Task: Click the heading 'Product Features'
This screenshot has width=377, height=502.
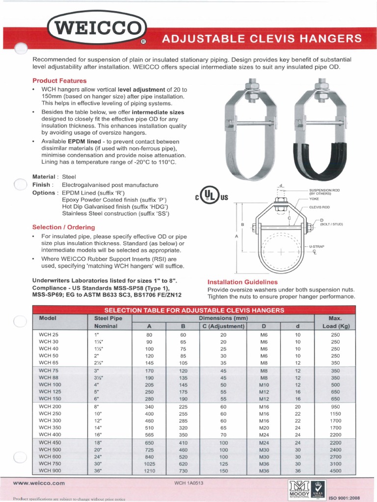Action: tap(59, 80)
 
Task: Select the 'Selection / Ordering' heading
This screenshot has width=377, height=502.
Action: tap(64, 227)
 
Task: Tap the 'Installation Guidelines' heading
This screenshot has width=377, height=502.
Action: tap(242, 282)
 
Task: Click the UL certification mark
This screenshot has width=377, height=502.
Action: tap(212, 197)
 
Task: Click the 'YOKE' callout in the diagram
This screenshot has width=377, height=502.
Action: tap(314, 199)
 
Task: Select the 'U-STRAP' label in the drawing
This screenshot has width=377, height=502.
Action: tap(317, 246)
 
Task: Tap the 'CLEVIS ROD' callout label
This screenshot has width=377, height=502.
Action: tap(319, 207)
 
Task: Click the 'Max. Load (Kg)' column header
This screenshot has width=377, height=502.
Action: tap(335, 322)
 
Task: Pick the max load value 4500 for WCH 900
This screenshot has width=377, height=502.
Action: tap(335, 471)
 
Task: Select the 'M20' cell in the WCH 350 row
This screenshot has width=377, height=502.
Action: tap(264, 427)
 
